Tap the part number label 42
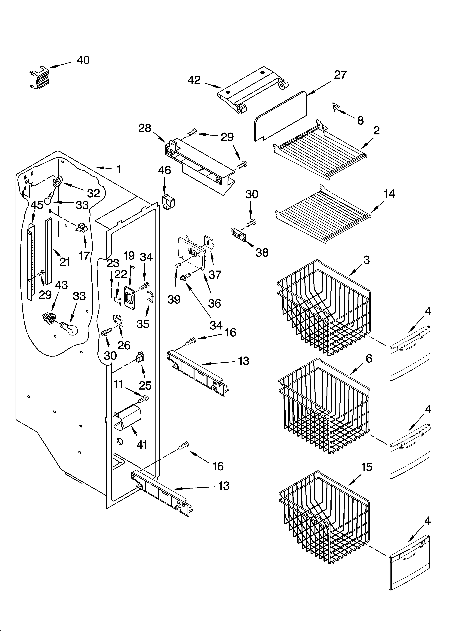[194, 80]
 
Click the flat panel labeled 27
[280, 117]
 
